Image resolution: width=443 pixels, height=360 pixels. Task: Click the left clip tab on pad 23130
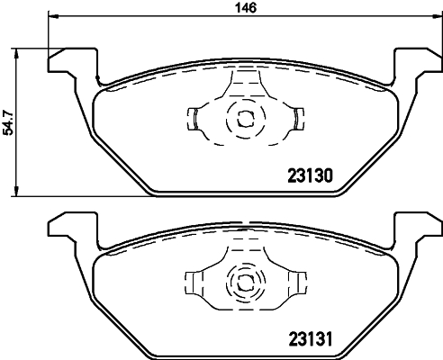pyautogui.click(x=194, y=117)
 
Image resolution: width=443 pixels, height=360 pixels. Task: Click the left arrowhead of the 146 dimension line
pyautogui.click(x=52, y=17)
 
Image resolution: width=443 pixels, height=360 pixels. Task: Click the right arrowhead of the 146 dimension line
pyautogui.click(x=437, y=17)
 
